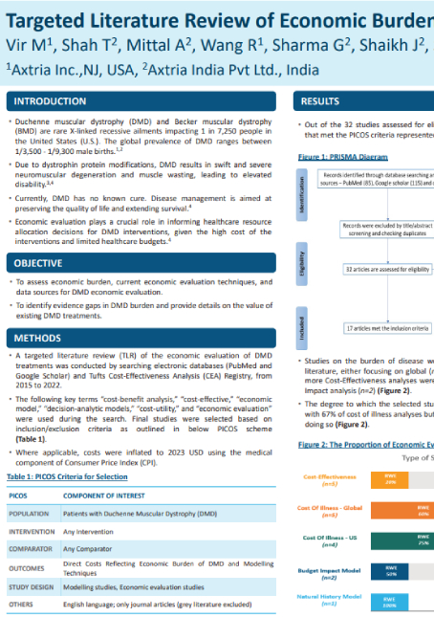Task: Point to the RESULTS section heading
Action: (x=320, y=100)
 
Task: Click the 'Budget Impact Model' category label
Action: (x=324, y=572)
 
